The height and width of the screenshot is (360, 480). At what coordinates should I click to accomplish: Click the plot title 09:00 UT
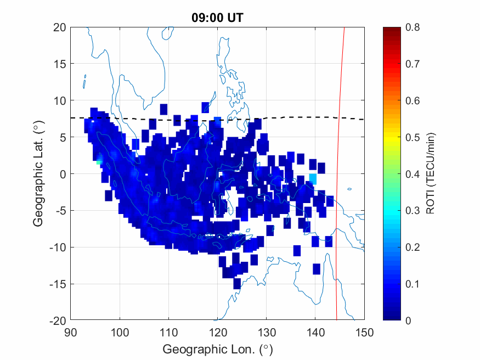pos(217,18)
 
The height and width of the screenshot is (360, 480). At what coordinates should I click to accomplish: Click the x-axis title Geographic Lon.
pos(217,349)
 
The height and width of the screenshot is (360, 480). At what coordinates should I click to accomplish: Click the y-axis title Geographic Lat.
pos(38,174)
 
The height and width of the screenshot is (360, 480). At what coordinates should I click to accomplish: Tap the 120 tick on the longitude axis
pos(218,332)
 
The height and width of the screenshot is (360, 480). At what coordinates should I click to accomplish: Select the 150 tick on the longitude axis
pos(365,332)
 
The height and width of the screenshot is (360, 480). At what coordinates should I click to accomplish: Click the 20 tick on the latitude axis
pos(60,27)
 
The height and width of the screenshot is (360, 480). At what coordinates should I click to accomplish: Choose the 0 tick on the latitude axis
pos(63,174)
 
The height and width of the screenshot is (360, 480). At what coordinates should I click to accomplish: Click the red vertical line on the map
pos(338,165)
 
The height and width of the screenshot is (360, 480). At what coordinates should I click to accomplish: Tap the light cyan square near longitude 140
pos(313,178)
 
